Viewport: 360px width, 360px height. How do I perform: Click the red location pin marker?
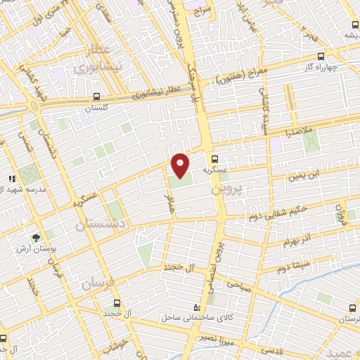181,165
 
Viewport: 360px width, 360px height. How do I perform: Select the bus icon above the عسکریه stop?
215,159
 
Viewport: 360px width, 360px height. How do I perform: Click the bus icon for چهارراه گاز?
321,56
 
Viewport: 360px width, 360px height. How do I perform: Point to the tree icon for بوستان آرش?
36,238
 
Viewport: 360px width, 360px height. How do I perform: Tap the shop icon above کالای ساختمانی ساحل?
196,307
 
